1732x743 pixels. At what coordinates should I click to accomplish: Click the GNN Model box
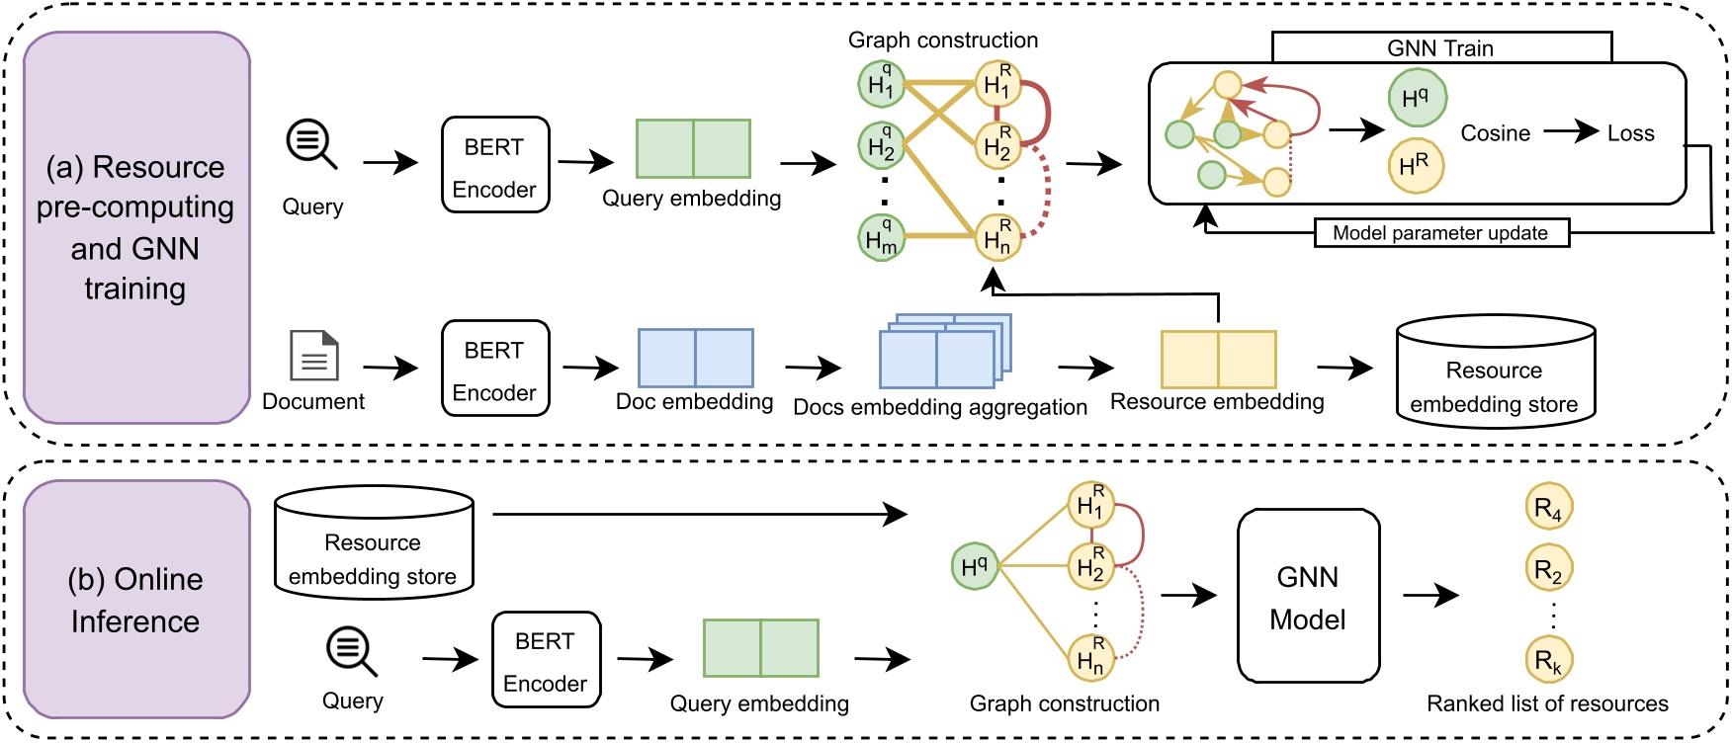coord(1308,596)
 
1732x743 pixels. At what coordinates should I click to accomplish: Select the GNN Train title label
coord(1440,48)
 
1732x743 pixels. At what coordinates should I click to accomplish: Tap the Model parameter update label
coord(1440,233)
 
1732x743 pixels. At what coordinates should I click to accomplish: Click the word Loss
coord(1630,133)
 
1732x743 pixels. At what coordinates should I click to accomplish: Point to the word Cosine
coord(1495,133)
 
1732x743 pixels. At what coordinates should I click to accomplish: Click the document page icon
coord(314,356)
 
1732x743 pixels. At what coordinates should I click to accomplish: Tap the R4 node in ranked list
coord(1548,508)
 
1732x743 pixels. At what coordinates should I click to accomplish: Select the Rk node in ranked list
coord(1548,660)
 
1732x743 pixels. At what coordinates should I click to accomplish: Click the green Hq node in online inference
coord(974,566)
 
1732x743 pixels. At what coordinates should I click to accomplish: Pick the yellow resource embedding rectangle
coord(1218,360)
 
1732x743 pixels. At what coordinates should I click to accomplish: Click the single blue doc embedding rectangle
coord(696,358)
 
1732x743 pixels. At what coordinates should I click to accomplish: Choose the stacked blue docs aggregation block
coord(943,354)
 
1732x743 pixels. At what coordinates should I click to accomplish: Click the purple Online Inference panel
coord(136,600)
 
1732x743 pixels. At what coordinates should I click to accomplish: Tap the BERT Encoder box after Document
coord(495,369)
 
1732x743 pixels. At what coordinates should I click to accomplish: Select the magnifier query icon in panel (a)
coord(311,144)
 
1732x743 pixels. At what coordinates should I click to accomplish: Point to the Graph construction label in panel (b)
coord(1064,703)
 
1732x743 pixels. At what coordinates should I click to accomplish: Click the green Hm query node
coord(881,238)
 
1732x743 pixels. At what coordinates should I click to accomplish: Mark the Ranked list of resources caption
coord(1547,703)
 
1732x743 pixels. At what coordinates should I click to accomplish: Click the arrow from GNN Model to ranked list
coord(1430,595)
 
